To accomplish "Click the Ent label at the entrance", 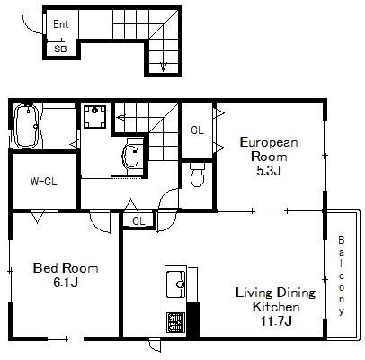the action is (x=60, y=24).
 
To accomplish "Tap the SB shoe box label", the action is (x=60, y=49).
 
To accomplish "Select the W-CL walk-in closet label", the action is (x=43, y=181).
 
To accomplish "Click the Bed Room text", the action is (x=66, y=268).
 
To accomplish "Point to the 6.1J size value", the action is (x=66, y=282).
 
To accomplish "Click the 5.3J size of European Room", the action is (x=269, y=170).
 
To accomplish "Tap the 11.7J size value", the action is (x=276, y=321).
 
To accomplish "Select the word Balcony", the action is (x=342, y=275).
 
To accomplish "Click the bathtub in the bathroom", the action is (x=26, y=126).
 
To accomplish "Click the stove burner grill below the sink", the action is (x=176, y=323).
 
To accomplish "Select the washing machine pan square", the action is (x=94, y=117).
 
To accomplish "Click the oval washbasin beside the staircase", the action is (x=131, y=157).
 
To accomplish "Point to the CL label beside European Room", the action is (x=197, y=130).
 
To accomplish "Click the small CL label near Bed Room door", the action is (x=138, y=221).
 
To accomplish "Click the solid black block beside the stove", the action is (x=193, y=319).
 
